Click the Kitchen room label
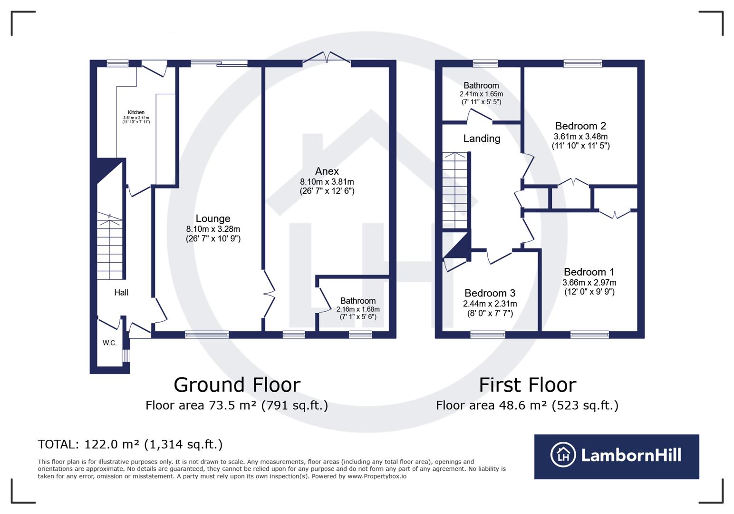[136, 112]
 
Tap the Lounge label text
[213, 218]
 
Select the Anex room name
[327, 171]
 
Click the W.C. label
[109, 343]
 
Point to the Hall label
[121, 292]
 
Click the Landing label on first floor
[482, 138]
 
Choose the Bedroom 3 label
[490, 293]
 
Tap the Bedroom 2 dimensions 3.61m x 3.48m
[580, 137]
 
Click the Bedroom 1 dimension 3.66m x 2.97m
[589, 282]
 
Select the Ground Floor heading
[237, 385]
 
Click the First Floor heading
[527, 385]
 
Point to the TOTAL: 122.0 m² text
[130, 444]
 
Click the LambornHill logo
[617, 456]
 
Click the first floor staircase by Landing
[455, 190]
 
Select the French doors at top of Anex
[327, 58]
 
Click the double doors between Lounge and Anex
[269, 294]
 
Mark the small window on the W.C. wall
[126, 356]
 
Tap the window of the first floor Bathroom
[485, 63]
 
